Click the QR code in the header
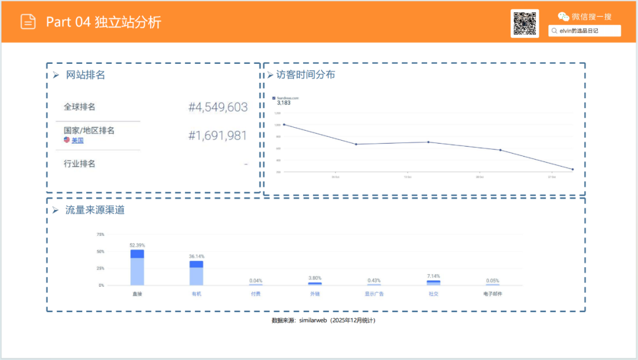point(525,24)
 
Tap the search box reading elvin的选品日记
point(585,31)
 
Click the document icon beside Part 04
point(28,22)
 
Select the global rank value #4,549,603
point(218,107)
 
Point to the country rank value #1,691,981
point(218,135)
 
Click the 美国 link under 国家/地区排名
point(77,141)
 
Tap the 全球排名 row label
point(80,107)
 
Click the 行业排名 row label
point(80,164)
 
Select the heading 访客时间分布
point(305,75)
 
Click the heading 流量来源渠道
point(95,210)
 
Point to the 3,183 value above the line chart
point(284,103)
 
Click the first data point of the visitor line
point(284,125)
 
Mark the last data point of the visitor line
point(572,170)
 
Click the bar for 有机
point(197,273)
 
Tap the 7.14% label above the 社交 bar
point(434,276)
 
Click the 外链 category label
point(315,294)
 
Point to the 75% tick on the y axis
point(100,235)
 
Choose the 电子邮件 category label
point(492,294)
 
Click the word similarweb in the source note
point(313,320)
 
